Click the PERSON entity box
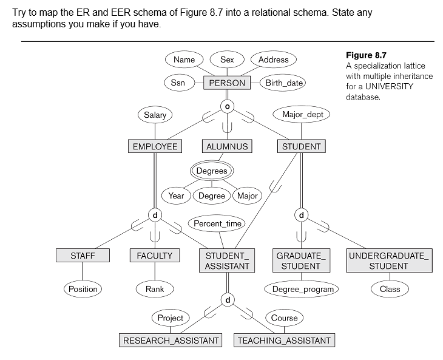click(227, 83)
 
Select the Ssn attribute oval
click(178, 83)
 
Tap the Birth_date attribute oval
click(283, 83)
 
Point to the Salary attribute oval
click(155, 115)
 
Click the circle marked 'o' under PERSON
click(227, 106)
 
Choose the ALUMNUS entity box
click(227, 146)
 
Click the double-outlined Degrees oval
click(211, 171)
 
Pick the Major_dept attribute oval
click(302, 115)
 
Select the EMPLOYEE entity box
click(155, 146)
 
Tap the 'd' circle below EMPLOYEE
click(155, 215)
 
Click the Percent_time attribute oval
click(217, 223)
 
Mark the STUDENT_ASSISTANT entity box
click(227, 260)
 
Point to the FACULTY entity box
click(155, 256)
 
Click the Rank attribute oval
click(155, 289)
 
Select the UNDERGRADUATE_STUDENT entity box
click(389, 260)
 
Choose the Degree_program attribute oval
click(302, 289)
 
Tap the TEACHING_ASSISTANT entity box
click(284, 340)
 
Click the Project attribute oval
click(170, 318)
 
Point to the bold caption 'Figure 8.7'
click(365, 55)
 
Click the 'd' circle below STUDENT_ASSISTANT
click(227, 300)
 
